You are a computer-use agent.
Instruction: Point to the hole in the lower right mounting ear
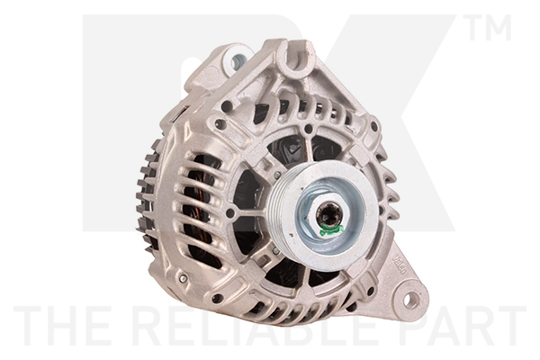[x=409, y=300]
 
